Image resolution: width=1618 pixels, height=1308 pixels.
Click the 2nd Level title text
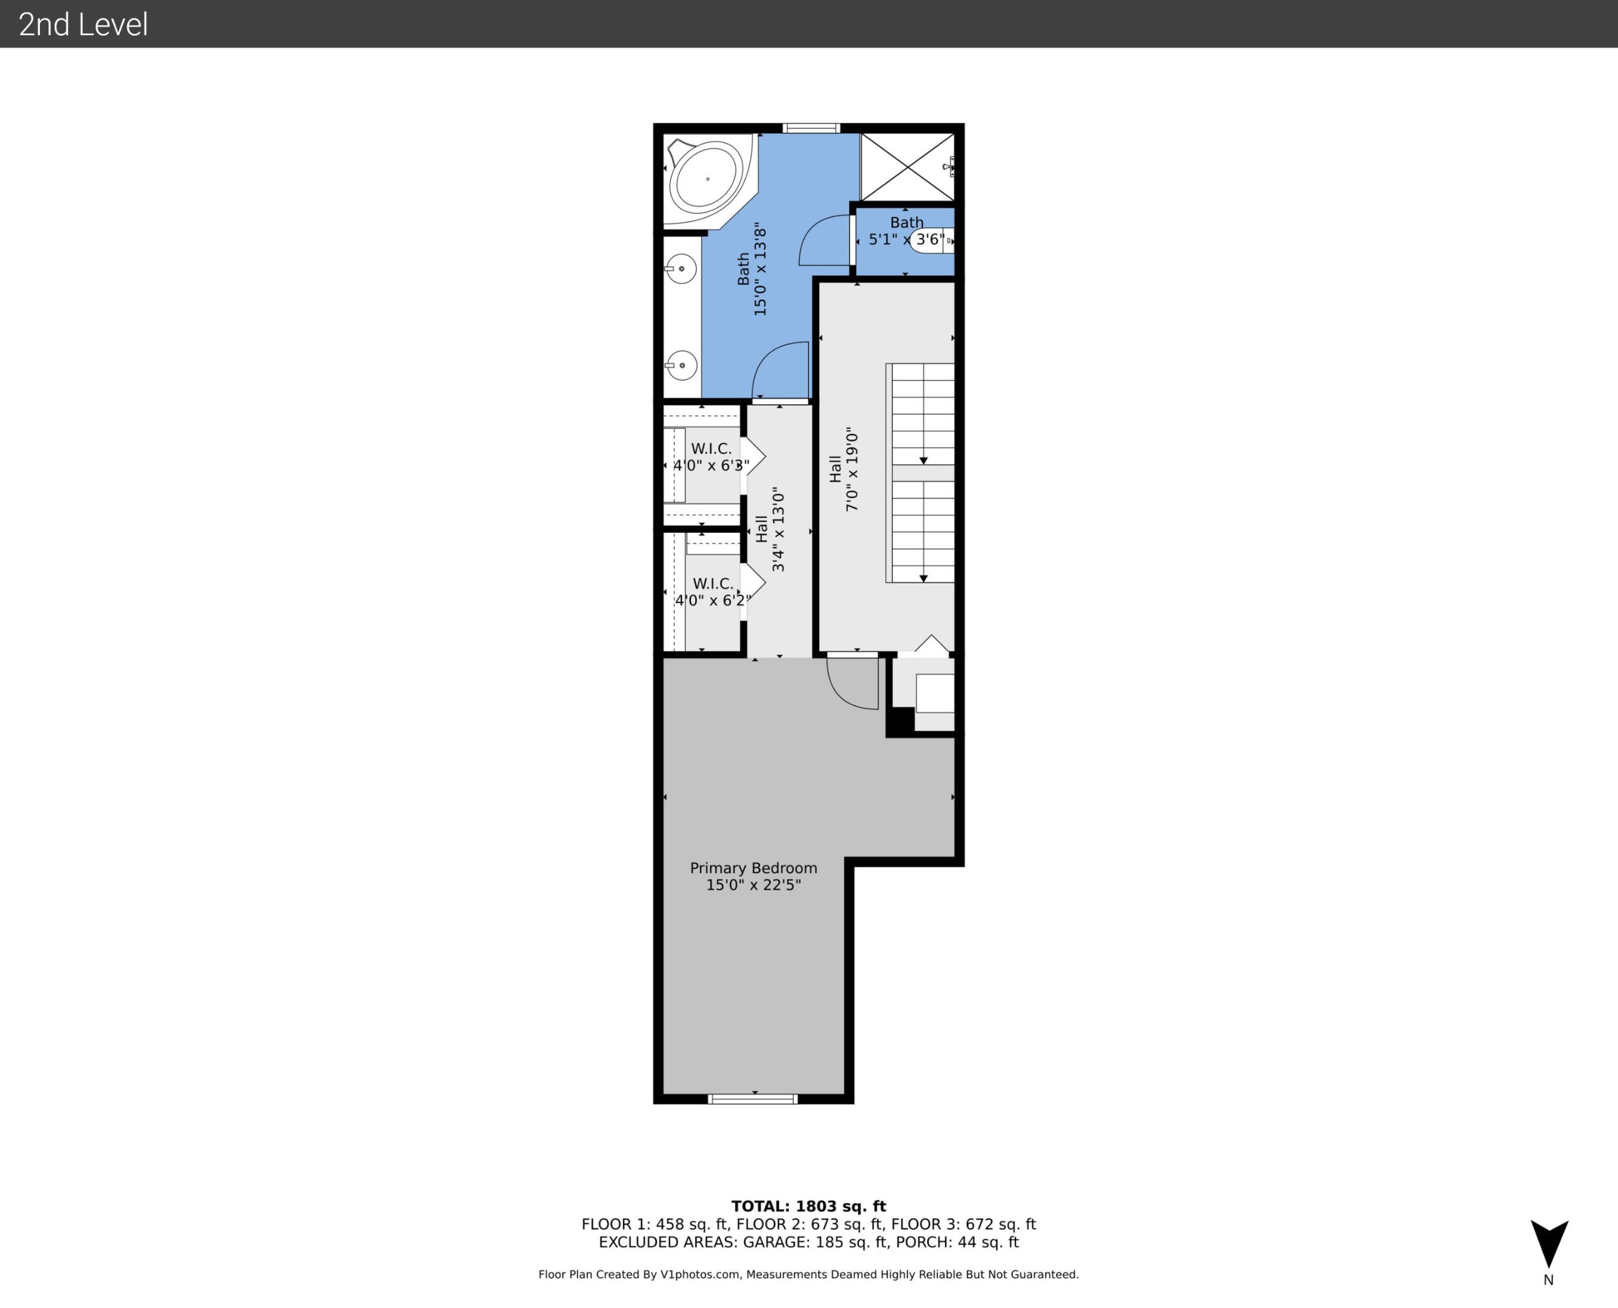(x=83, y=24)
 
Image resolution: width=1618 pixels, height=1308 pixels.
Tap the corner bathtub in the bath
(x=707, y=179)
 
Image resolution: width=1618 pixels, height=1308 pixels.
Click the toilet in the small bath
(x=933, y=240)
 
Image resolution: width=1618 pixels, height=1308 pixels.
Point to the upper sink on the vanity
(x=681, y=269)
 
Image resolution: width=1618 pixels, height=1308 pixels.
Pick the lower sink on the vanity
(x=681, y=365)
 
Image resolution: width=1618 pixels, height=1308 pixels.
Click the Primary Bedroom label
(x=753, y=868)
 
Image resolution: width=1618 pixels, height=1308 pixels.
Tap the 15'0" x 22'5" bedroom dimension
(x=753, y=885)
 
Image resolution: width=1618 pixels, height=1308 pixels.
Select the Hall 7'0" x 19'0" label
(x=844, y=469)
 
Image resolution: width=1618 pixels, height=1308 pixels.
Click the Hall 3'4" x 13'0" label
(x=770, y=529)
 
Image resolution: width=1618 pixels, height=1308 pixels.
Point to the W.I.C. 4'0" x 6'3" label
(x=711, y=457)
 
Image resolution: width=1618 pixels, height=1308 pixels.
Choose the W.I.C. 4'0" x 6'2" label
(x=712, y=592)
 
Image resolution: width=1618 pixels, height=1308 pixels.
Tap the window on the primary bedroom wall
(x=753, y=1099)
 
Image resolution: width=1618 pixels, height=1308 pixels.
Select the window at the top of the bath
(x=810, y=128)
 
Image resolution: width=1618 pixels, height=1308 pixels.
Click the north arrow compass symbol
(x=1549, y=1244)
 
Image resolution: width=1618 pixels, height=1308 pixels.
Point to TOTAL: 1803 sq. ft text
(x=808, y=1206)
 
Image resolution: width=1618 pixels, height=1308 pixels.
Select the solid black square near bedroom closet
(x=899, y=721)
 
